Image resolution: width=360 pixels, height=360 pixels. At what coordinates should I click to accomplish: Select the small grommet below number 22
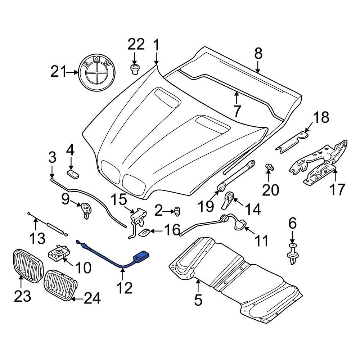click(135, 69)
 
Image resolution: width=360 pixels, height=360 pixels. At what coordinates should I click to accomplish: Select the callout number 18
click(320, 117)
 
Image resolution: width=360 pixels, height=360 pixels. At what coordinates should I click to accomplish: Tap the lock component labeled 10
click(59, 253)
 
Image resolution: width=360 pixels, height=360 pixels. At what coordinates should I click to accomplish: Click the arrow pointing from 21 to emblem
click(73, 72)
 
